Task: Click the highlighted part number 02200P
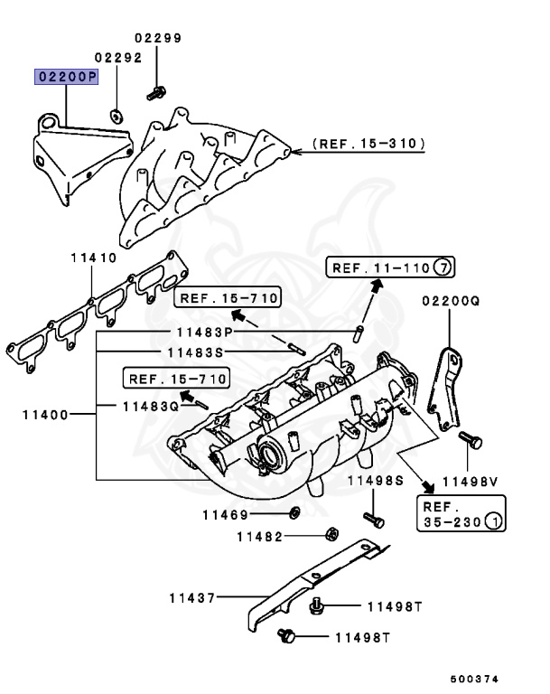(x=66, y=78)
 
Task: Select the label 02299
(x=158, y=39)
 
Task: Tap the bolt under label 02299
(x=158, y=91)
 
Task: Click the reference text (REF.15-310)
(x=368, y=144)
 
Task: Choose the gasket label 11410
(x=94, y=258)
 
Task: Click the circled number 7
(x=442, y=267)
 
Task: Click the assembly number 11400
(x=45, y=416)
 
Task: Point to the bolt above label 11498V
(x=466, y=440)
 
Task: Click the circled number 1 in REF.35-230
(x=494, y=522)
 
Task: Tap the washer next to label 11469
(x=295, y=514)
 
